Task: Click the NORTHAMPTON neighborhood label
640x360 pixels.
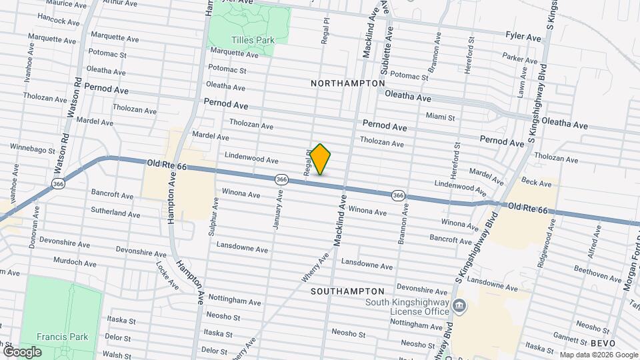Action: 347,83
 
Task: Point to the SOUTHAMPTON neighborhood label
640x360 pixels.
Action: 347,291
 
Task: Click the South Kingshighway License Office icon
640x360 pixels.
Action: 459,306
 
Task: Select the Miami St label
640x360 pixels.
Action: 440,117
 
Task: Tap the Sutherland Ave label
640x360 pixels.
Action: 116,215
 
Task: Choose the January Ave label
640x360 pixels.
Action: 277,210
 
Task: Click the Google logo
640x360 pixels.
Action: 22,351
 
